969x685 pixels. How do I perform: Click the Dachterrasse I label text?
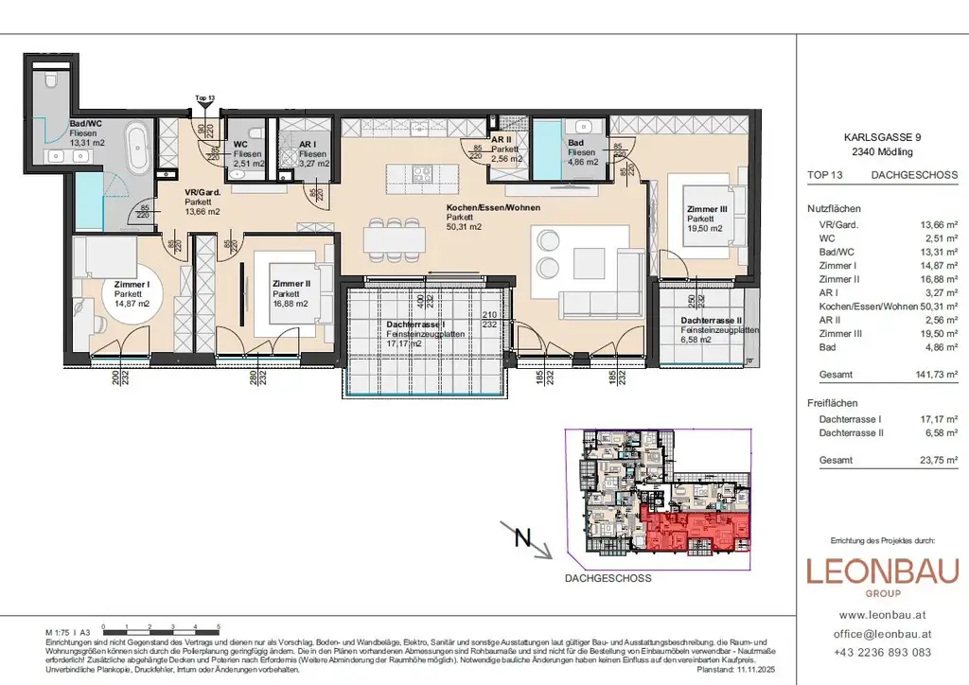(x=415, y=324)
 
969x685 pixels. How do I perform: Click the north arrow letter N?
(x=521, y=538)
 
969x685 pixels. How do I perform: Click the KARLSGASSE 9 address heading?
(x=882, y=136)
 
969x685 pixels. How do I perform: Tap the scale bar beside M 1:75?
(x=161, y=628)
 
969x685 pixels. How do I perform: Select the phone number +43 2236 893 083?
(x=882, y=652)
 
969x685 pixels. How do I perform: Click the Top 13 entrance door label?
(x=204, y=97)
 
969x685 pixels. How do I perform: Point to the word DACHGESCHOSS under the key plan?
(x=608, y=578)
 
